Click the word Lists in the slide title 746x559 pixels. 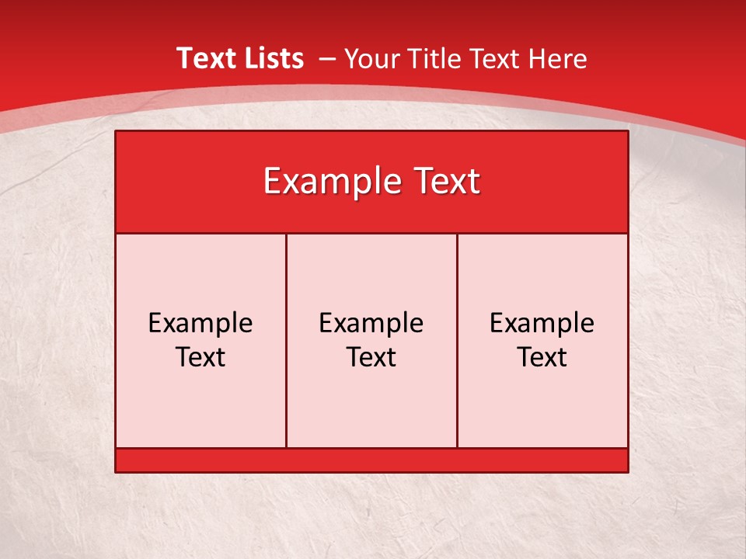click(x=274, y=58)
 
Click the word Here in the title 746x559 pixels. click(x=557, y=59)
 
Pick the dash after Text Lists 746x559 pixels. click(x=326, y=59)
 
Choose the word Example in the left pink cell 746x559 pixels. click(x=200, y=323)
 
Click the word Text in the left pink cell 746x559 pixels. click(x=200, y=357)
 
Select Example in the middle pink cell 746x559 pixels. click(x=371, y=323)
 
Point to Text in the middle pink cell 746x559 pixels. click(x=371, y=357)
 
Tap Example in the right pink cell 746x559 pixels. click(x=542, y=323)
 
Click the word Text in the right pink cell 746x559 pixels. click(x=542, y=357)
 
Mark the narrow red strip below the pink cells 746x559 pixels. click(x=371, y=460)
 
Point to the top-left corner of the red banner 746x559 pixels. click(x=117, y=132)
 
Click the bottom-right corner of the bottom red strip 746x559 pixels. click(x=626, y=470)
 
